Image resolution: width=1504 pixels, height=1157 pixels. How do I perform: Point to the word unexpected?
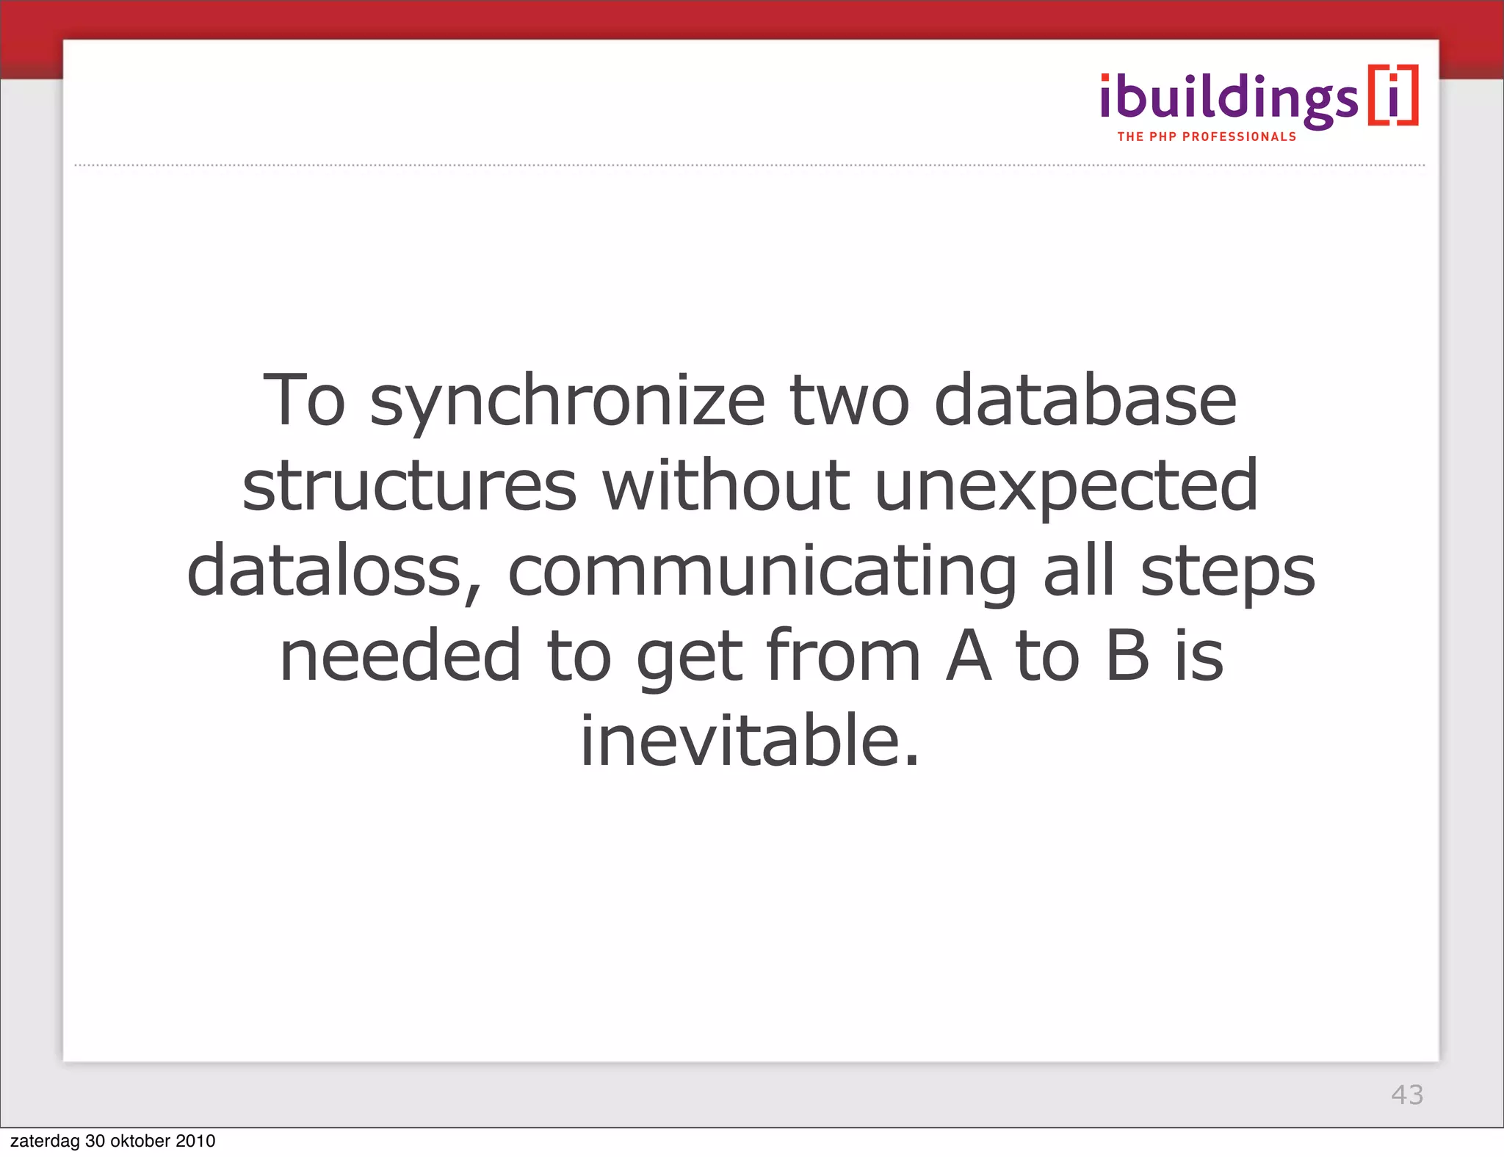click(x=1066, y=486)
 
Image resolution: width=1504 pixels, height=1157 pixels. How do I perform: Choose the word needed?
click(x=401, y=656)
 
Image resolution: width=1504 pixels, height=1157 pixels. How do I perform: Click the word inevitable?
click(x=750, y=740)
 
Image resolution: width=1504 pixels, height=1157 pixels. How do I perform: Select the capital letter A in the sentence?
click(x=968, y=656)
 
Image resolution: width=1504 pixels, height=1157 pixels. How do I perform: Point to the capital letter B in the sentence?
click(x=1127, y=656)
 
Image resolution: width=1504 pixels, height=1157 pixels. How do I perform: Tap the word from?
click(x=842, y=656)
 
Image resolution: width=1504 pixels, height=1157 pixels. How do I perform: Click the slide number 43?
click(x=1407, y=1095)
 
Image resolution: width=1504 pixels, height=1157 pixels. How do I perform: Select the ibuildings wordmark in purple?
click(x=1229, y=100)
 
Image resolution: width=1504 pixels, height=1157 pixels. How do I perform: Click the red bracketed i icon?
click(x=1393, y=95)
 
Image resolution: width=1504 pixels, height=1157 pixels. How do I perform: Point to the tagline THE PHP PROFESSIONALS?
click(x=1207, y=137)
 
